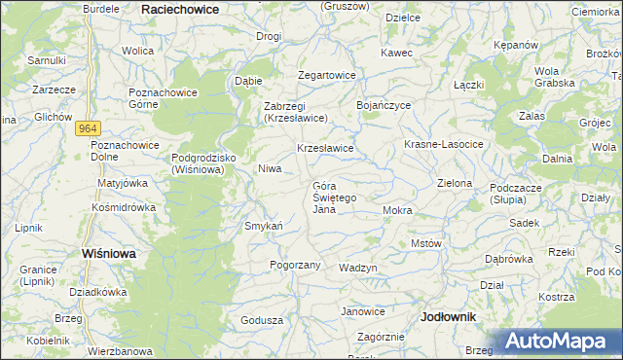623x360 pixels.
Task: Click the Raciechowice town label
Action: (180, 8)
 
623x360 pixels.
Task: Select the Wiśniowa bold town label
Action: (108, 252)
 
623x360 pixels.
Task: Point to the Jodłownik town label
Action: (449, 317)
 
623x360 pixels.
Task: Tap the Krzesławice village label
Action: (324, 148)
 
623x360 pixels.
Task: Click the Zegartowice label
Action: (326, 75)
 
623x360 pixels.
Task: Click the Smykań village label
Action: (263, 227)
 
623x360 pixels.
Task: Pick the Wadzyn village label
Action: (357, 267)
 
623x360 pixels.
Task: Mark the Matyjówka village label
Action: (122, 182)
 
